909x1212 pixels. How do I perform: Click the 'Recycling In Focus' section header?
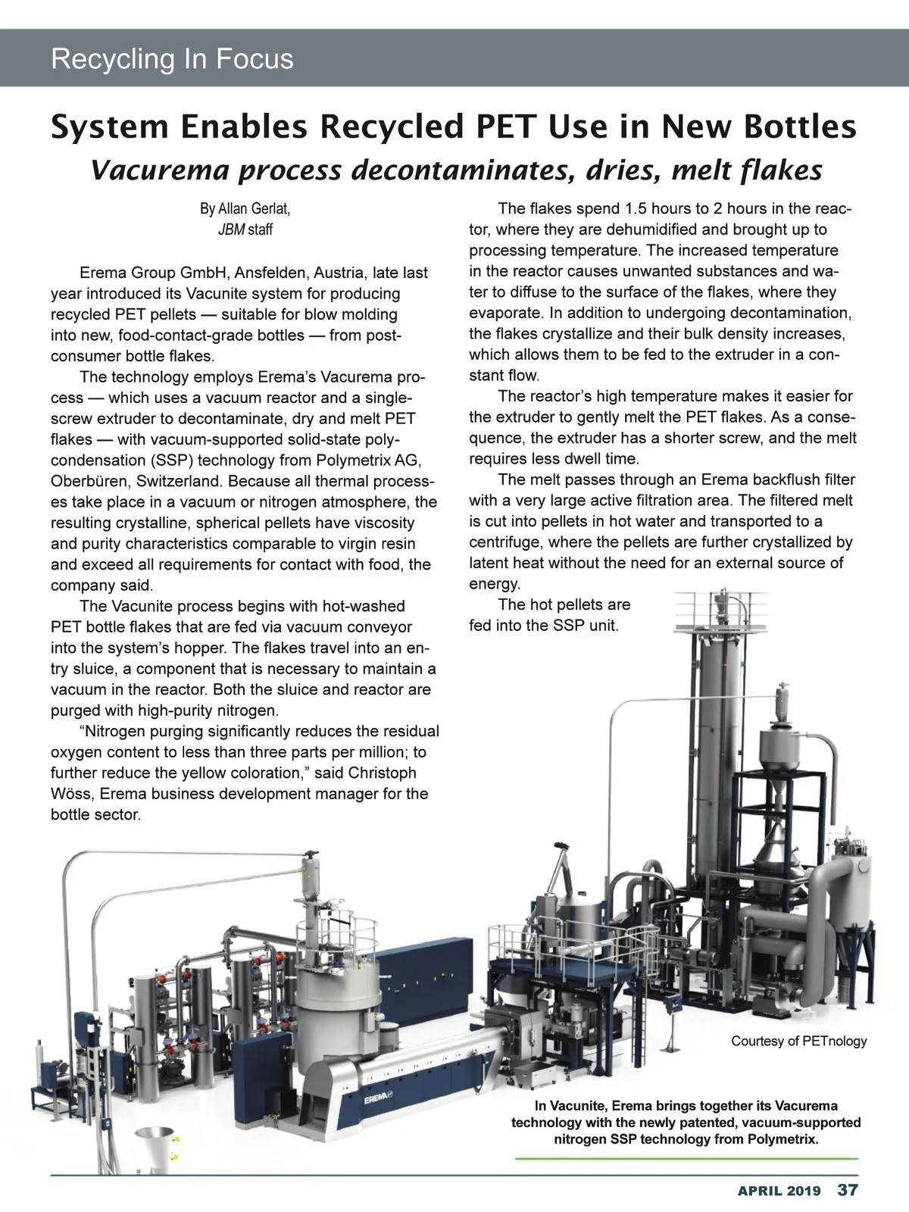pos(172,59)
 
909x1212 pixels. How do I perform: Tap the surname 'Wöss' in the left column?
pos(74,794)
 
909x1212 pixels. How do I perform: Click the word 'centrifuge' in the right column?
pos(504,542)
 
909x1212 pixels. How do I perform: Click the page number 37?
pos(847,1189)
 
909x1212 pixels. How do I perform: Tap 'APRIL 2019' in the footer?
pos(779,1190)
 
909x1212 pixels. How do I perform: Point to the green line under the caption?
pos(686,1159)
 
